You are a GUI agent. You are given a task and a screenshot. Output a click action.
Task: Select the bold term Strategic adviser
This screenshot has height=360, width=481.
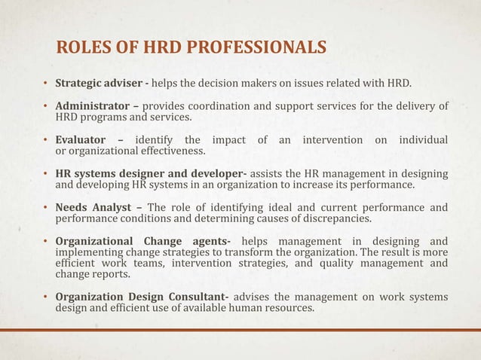point(99,82)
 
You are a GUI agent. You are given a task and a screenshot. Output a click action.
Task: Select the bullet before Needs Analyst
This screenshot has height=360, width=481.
point(45,209)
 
